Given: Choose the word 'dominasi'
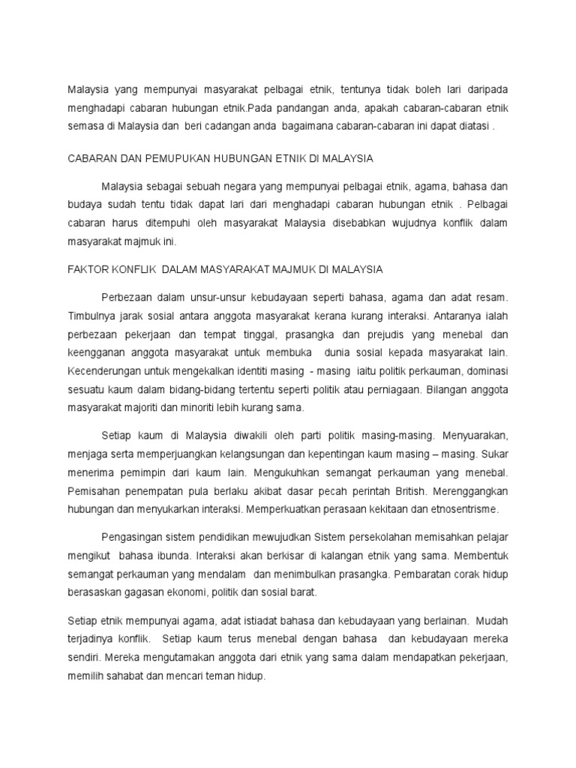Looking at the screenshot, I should click(487, 372).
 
